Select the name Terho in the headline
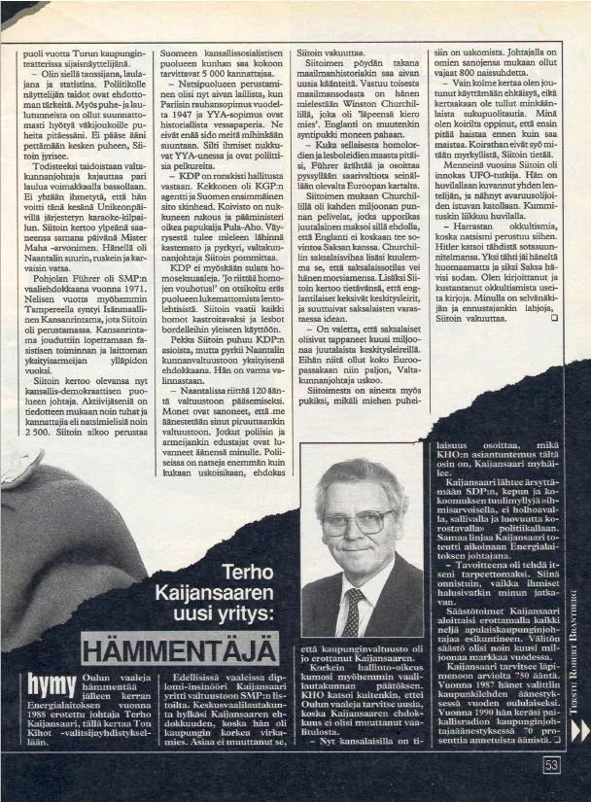click(x=249, y=574)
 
